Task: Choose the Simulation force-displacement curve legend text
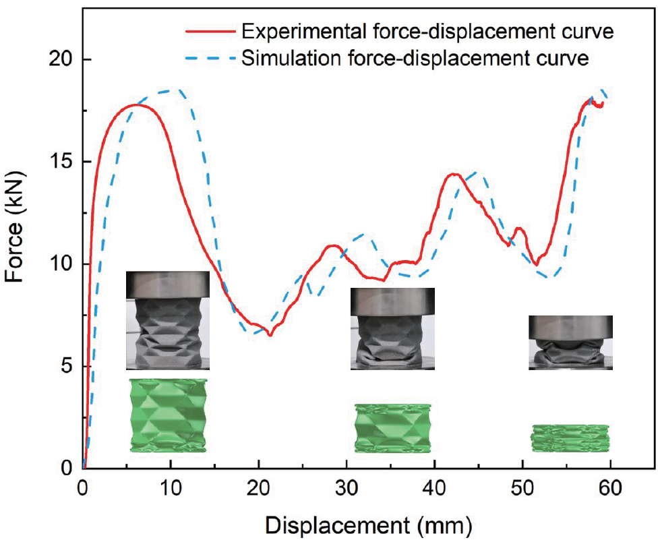[417, 59]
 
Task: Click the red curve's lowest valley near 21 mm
[270, 334]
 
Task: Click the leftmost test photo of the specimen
[167, 320]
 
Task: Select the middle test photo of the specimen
[392, 329]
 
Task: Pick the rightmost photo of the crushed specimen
[570, 342]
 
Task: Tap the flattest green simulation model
[570, 438]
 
